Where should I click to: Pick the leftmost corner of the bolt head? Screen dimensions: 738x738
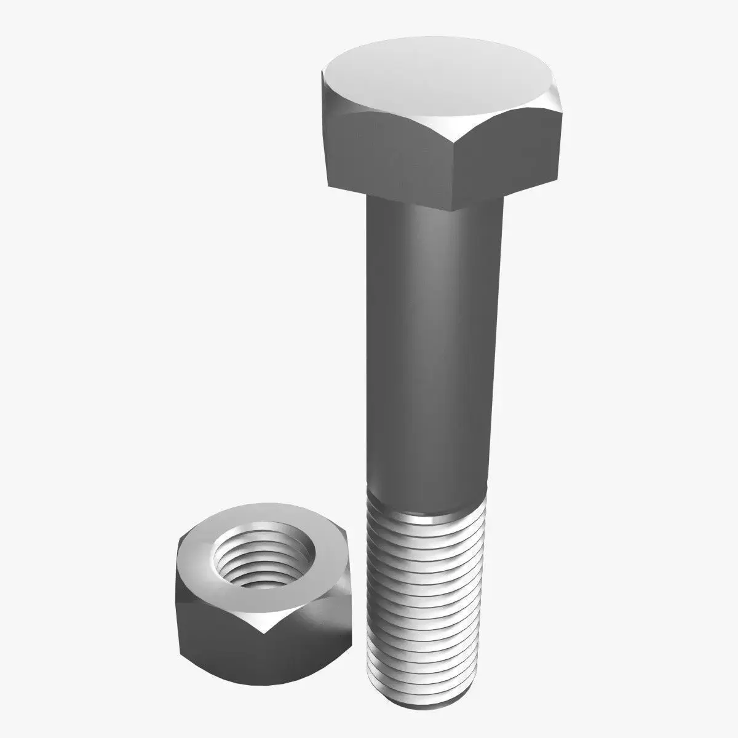coord(321,77)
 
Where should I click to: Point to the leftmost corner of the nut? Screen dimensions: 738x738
coord(177,541)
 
